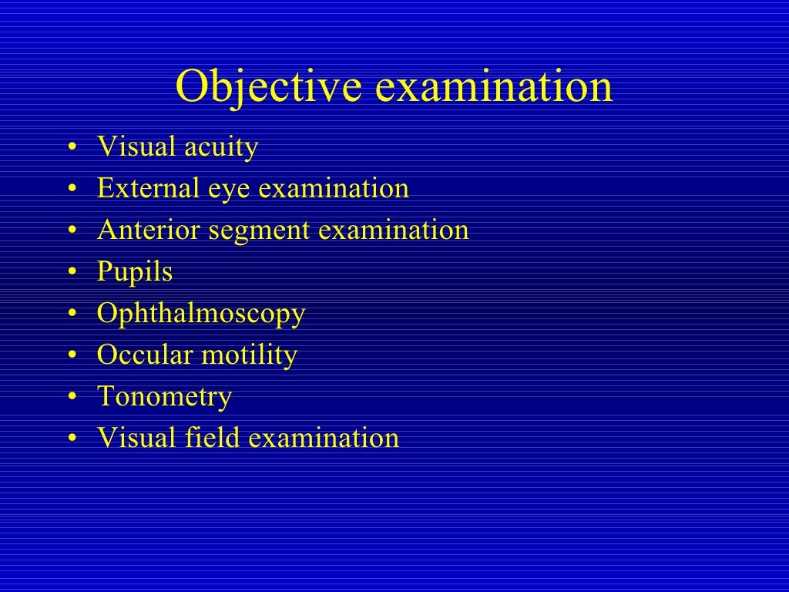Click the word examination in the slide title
point(493,87)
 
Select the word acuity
point(221,147)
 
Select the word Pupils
point(134,273)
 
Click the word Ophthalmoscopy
point(200,314)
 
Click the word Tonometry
point(164,398)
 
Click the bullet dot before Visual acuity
point(72,148)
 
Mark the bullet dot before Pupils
point(72,273)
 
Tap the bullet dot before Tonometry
point(72,398)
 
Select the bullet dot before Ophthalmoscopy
point(72,314)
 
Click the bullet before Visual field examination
point(72,439)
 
